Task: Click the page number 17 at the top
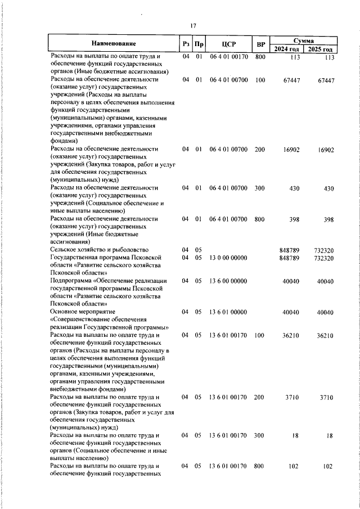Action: click(x=192, y=25)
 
